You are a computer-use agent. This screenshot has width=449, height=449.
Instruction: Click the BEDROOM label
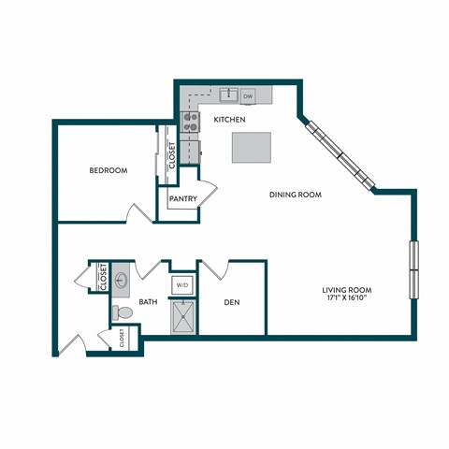109,170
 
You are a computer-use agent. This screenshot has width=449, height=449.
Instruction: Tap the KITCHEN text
229,120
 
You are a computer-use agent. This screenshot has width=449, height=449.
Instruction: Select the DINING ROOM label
296,195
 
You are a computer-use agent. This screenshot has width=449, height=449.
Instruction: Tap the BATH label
148,302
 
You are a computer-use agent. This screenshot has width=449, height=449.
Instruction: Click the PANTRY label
181,198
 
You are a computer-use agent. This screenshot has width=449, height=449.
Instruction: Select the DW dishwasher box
249,95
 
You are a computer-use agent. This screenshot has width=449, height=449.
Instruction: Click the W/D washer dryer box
181,285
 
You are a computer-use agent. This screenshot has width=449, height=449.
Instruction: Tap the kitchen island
252,147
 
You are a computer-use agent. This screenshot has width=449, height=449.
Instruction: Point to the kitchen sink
227,95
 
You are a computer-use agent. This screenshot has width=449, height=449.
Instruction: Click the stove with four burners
188,120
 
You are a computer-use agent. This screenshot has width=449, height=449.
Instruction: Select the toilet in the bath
121,312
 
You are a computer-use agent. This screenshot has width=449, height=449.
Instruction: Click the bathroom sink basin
122,280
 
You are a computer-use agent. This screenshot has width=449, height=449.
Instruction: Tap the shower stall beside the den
181,317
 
